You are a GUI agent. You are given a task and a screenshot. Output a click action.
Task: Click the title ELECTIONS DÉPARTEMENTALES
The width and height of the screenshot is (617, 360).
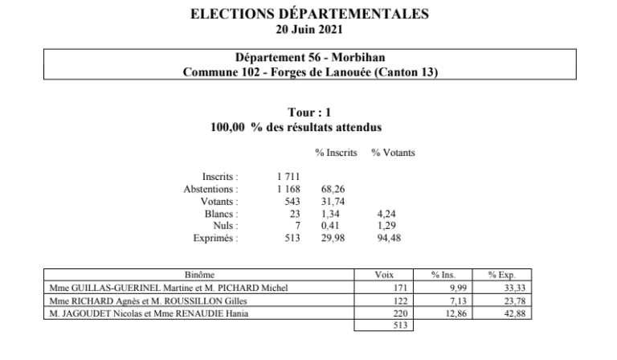[x=309, y=14]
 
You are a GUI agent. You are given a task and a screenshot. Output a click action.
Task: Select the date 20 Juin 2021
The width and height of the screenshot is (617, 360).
[x=309, y=31]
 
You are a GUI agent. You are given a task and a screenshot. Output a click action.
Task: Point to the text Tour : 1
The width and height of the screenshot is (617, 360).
[x=308, y=113]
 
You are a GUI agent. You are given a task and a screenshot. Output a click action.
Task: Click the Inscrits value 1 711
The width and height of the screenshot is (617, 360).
[x=288, y=176]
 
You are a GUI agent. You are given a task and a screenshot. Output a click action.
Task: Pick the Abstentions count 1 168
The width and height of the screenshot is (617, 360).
[x=288, y=189]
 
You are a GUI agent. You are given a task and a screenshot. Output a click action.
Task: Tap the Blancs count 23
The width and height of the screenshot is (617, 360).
[x=294, y=214]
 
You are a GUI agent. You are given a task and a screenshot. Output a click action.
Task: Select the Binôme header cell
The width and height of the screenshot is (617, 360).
[x=199, y=275]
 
